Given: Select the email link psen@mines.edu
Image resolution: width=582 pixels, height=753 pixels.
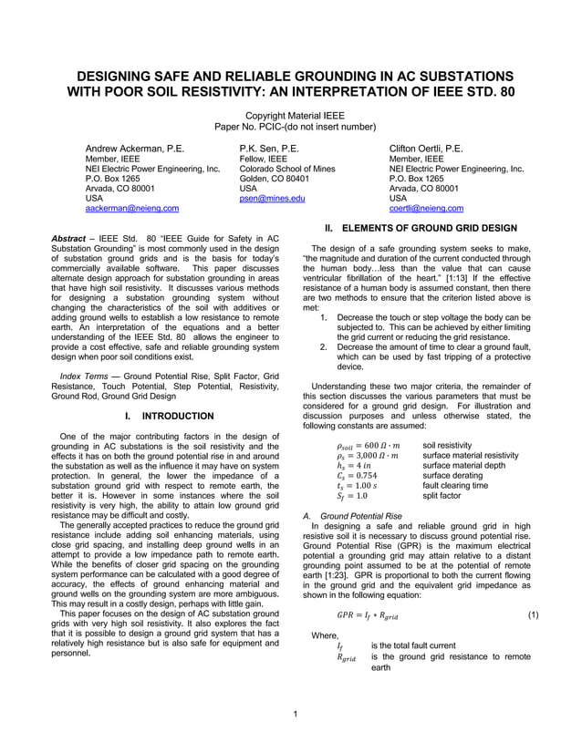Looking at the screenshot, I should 272,197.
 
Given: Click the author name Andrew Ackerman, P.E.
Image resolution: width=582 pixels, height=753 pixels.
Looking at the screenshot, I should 135,148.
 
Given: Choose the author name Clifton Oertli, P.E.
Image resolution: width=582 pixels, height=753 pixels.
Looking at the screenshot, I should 426,148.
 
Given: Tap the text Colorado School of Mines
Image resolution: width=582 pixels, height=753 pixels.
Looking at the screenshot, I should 287,170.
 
